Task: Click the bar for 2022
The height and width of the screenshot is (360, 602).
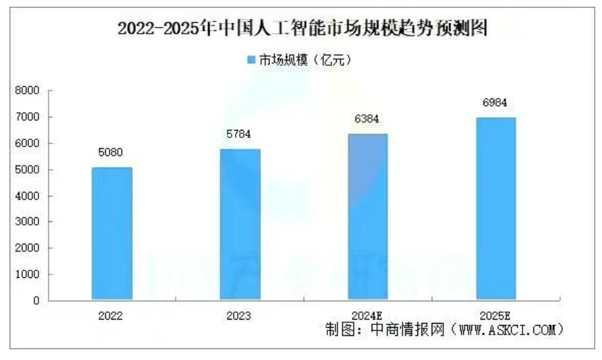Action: click(112, 233)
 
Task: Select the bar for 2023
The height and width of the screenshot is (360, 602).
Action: click(240, 224)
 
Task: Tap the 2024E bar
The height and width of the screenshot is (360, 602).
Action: click(368, 216)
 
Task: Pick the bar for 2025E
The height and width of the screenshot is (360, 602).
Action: click(496, 208)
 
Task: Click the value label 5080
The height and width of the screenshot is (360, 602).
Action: click(112, 153)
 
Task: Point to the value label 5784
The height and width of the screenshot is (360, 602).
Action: click(240, 135)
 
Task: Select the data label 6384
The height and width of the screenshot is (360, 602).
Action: click(368, 118)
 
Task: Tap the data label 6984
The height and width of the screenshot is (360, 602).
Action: click(496, 103)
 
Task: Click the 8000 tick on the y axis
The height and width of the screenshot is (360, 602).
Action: click(28, 91)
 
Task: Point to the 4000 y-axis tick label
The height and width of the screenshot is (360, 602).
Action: click(28, 196)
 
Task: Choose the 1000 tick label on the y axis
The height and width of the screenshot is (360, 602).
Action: click(28, 275)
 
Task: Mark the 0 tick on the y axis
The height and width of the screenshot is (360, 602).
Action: click(36, 301)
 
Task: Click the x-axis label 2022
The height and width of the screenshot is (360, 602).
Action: click(112, 315)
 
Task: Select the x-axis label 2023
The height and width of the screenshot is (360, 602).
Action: click(240, 315)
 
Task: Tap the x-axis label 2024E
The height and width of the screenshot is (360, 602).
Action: click(368, 315)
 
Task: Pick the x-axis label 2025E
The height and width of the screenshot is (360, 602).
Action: click(496, 315)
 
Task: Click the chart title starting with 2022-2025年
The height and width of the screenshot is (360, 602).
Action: click(302, 29)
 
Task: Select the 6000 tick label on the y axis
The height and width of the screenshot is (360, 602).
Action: click(28, 143)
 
